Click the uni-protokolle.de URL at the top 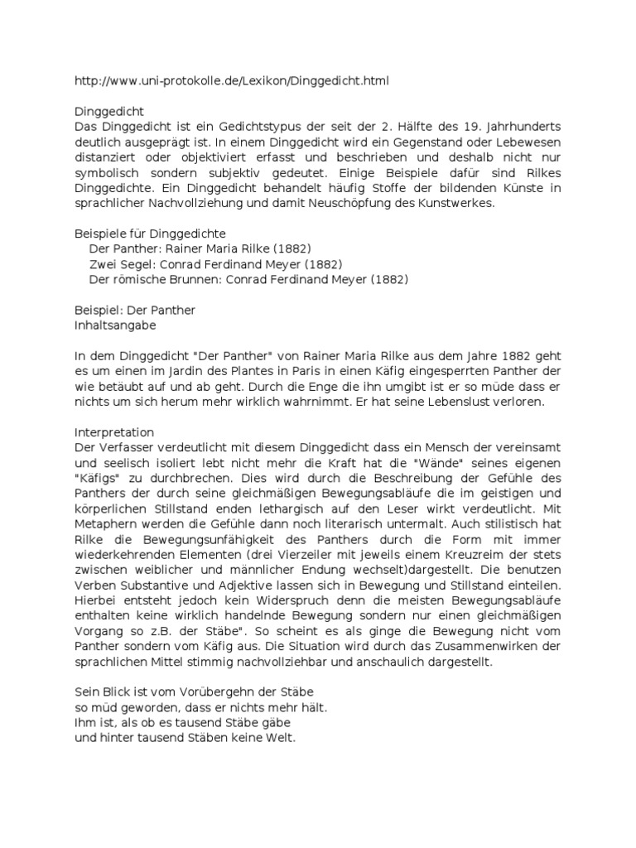point(231,81)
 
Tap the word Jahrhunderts point(518,126)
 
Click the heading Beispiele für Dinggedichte point(150,234)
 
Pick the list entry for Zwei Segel point(215,264)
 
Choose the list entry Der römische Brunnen point(248,280)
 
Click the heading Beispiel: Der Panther point(134,311)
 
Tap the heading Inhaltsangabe point(115,326)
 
